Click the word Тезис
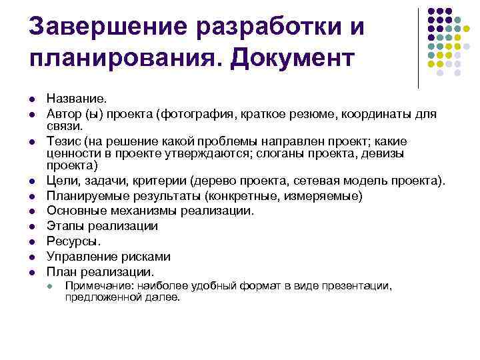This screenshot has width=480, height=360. (x=63, y=142)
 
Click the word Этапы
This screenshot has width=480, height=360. (x=64, y=226)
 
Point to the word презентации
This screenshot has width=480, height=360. (x=359, y=286)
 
